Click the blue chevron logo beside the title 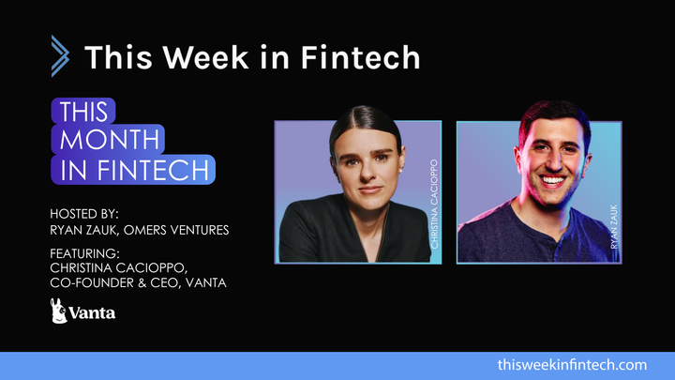[59, 55]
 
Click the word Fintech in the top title [361, 56]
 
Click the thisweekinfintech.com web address [573, 364]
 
